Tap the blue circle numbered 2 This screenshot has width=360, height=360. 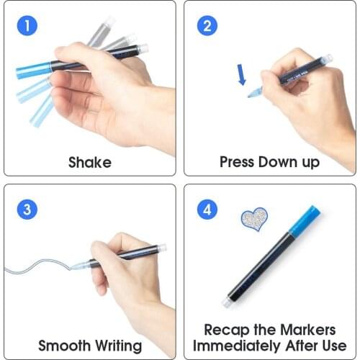coord(207,27)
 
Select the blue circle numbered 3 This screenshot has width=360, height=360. coord(27,210)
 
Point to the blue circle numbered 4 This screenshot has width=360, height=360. coord(207,210)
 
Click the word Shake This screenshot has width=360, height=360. coord(90,162)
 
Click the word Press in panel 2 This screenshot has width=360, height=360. coord(238,162)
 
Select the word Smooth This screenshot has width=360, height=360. coord(66,346)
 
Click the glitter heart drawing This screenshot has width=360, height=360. coord(253,220)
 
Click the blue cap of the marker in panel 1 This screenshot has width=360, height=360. coord(33,70)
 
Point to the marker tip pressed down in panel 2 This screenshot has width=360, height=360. coord(253,93)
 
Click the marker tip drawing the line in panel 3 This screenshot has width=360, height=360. coord(76,266)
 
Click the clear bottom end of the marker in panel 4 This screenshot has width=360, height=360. coord(228,303)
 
